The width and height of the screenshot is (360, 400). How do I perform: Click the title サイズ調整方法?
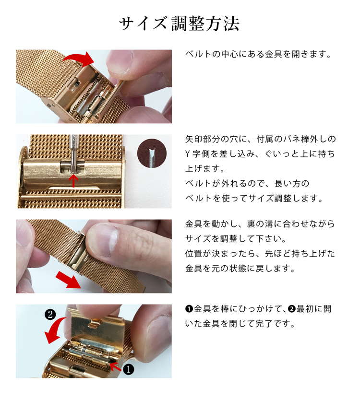(x=180, y=24)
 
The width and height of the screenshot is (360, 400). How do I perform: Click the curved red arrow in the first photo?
(x=79, y=59)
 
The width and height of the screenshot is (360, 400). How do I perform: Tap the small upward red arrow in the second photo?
(x=73, y=180)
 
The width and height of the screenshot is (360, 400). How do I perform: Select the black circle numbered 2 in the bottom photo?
(x=50, y=315)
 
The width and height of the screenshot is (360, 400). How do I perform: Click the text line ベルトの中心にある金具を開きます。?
(x=258, y=54)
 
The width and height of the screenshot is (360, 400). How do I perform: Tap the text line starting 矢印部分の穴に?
(x=260, y=139)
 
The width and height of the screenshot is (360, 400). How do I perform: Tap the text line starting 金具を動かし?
(x=260, y=224)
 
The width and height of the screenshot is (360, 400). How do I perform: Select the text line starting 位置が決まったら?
(x=260, y=253)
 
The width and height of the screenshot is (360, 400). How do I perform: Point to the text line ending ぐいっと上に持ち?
(x=260, y=154)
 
